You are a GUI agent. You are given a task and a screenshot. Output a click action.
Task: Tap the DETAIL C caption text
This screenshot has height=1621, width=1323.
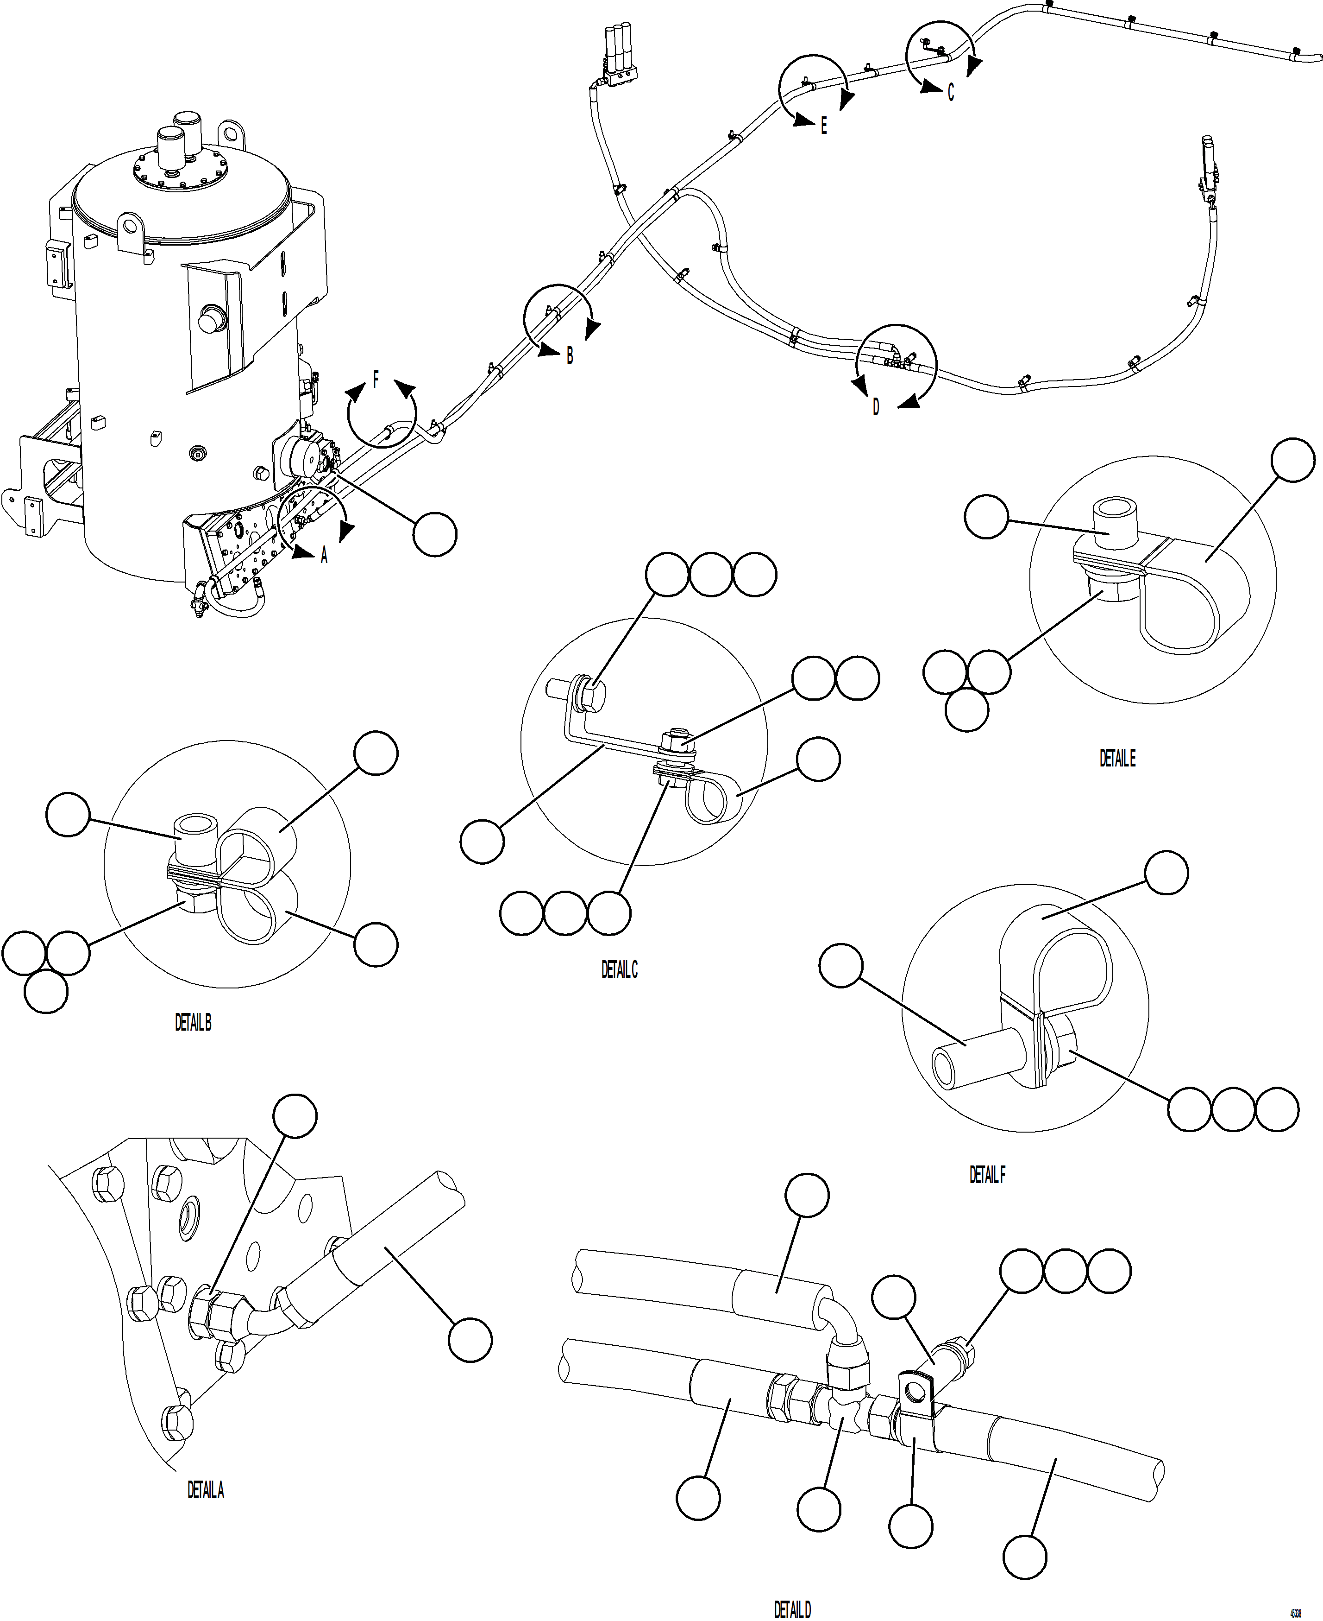pyautogui.click(x=619, y=970)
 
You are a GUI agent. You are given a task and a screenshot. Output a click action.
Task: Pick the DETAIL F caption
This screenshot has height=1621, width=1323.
pyautogui.click(x=987, y=1176)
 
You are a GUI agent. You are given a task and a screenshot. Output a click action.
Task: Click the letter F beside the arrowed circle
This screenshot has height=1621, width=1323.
pyautogui.click(x=376, y=380)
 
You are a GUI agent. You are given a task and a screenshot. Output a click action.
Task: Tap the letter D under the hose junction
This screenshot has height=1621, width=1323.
pyautogui.click(x=876, y=408)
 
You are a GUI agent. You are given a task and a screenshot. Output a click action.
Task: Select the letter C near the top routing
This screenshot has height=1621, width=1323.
pyautogui.click(x=950, y=93)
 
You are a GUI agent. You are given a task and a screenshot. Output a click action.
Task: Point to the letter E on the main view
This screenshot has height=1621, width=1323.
pyautogui.click(x=824, y=127)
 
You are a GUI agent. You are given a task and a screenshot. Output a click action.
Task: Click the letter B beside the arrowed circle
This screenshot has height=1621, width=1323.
pyautogui.click(x=569, y=356)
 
